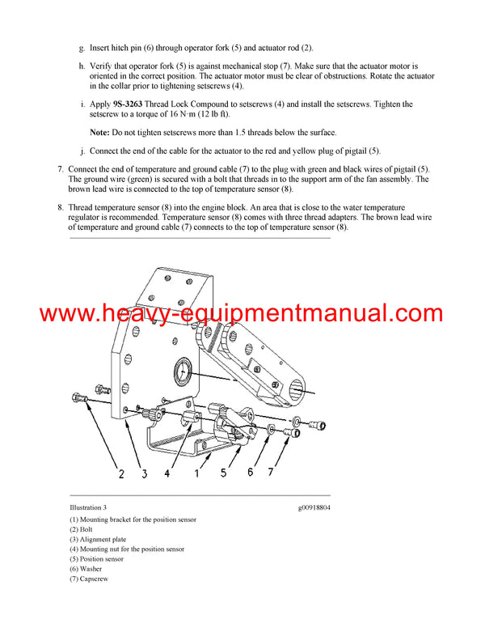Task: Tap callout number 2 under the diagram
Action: [121, 473]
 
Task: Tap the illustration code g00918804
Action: [314, 507]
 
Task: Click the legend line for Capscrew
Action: [89, 579]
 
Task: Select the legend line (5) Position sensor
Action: [96, 558]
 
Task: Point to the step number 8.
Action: [60, 207]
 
